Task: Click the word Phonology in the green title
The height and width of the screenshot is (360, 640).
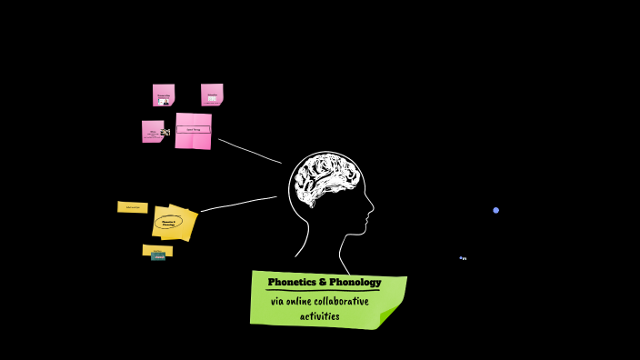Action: (x=353, y=282)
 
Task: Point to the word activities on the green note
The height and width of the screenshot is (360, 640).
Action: (x=319, y=316)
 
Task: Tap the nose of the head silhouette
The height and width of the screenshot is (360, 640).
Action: (x=371, y=214)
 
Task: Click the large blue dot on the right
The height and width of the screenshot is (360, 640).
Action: (x=496, y=210)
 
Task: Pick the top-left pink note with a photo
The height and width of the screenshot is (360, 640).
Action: (x=164, y=95)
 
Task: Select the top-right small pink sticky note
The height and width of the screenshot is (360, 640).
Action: (x=212, y=95)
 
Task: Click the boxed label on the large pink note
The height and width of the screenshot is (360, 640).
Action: (x=193, y=130)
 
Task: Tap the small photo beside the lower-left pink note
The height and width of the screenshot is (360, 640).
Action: (x=165, y=133)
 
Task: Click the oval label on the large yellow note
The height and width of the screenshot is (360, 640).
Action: (x=168, y=222)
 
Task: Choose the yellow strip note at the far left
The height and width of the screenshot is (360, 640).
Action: (x=133, y=207)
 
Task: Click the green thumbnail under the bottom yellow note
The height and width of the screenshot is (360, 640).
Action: (x=158, y=257)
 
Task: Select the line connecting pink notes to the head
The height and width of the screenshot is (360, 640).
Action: (x=250, y=151)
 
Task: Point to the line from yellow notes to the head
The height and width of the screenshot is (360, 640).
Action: (x=239, y=204)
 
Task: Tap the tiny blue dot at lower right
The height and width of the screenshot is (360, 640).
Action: (x=463, y=258)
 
